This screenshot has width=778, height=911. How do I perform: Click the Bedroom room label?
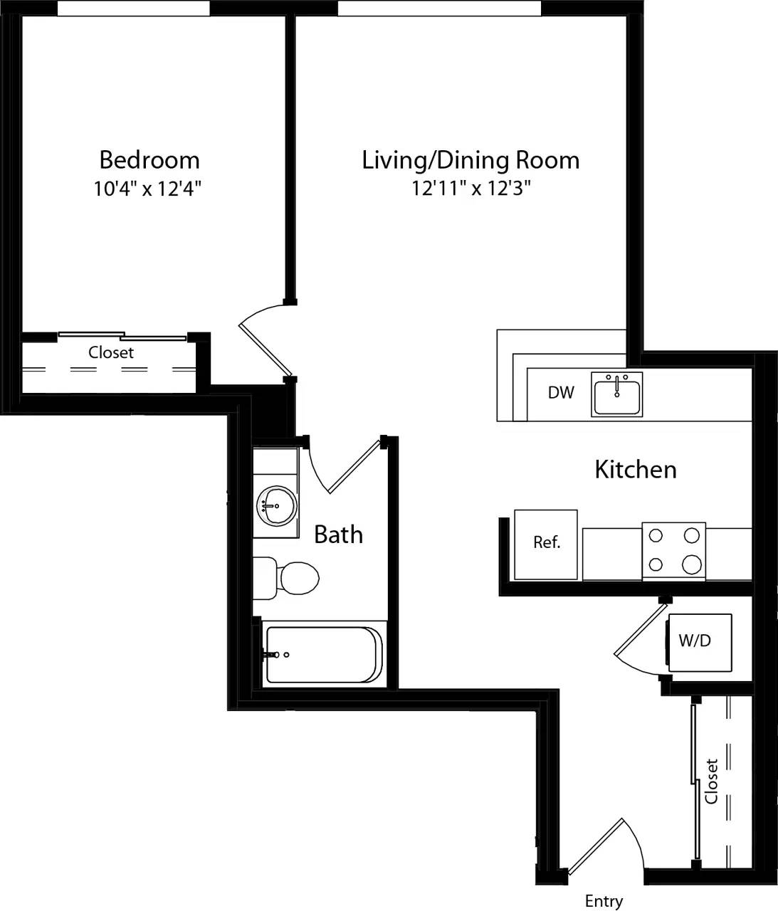pos(149,159)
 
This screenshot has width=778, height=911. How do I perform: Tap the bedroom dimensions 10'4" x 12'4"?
pos(148,189)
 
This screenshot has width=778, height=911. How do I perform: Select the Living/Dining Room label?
pos(471,159)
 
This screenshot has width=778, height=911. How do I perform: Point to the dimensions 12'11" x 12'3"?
pos(471,189)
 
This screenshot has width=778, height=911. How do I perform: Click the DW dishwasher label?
pos(561,392)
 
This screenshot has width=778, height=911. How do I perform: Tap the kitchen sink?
pos(616,394)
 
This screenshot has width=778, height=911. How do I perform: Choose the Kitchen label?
pos(635,470)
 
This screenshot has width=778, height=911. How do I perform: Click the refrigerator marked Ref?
pos(546,543)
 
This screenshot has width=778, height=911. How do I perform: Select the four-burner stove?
pos(673,551)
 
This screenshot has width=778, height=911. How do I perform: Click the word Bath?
pos(338,535)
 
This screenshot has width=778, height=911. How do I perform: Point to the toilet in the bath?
pos(292,577)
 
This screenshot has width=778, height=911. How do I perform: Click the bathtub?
pos(324,655)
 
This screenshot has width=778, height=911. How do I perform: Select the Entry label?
pos(604,901)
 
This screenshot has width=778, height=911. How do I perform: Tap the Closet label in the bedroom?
pos(111,352)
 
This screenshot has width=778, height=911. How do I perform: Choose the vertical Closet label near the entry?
pos(711,781)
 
